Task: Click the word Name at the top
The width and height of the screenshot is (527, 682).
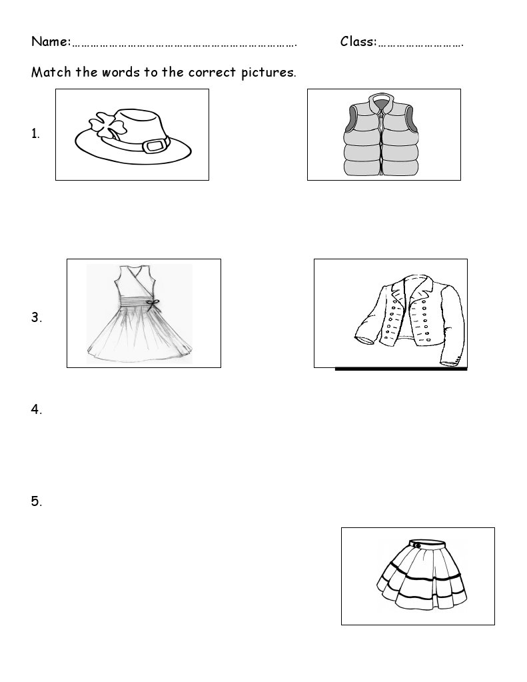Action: (51, 41)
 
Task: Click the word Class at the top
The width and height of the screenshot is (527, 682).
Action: (358, 41)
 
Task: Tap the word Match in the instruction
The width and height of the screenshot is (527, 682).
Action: (51, 72)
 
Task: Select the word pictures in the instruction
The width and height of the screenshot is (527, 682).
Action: (268, 73)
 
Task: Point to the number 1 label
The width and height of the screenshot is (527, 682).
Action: (35, 133)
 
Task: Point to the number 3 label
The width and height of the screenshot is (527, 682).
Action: (37, 317)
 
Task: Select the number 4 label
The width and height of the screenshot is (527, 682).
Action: (37, 409)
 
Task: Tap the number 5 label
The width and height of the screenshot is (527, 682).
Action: (37, 501)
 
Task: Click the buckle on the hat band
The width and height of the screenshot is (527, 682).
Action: (156, 145)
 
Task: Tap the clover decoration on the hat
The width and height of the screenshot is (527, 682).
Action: (106, 125)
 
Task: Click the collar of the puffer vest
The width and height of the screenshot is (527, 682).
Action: (381, 102)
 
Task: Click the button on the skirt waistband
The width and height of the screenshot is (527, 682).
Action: (417, 545)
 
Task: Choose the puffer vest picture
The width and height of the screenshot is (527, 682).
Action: (381, 135)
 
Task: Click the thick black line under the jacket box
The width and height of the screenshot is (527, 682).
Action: (401, 369)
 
